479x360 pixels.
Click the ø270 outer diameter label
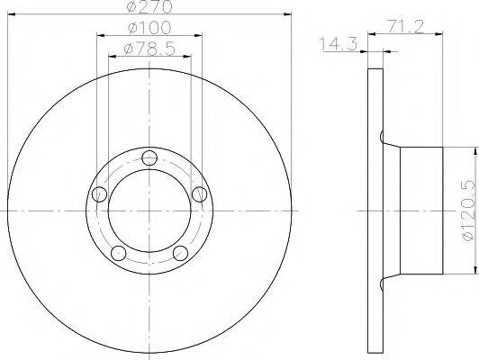click(149, 6)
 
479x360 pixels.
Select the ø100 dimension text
click(149, 29)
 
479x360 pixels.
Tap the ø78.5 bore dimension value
click(149, 47)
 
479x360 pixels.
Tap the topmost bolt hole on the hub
click(149, 158)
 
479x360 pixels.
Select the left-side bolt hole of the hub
click(100, 194)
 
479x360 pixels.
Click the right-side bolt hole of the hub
click(199, 194)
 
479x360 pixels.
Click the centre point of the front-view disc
click(149, 211)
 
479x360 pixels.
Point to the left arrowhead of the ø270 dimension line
click(11, 15)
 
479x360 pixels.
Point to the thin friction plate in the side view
click(375, 211)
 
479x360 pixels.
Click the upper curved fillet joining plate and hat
click(388, 140)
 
